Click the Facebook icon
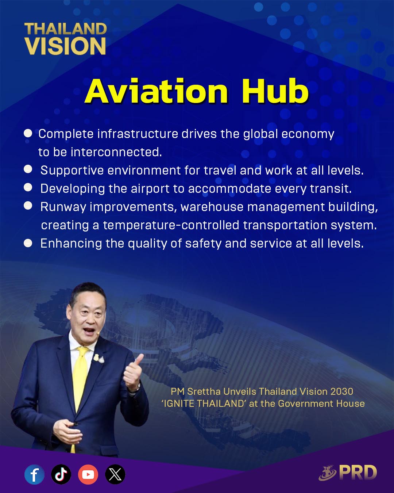pyautogui.click(x=34, y=474)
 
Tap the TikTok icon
pyautogui.click(x=61, y=474)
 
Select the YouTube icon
pyautogui.click(x=88, y=474)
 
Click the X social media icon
pyautogui.click(x=115, y=474)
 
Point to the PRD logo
pyautogui.click(x=348, y=473)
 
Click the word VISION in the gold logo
pyautogui.click(x=65, y=46)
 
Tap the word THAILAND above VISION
pyautogui.click(x=66, y=29)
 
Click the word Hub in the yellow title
pyautogui.click(x=275, y=91)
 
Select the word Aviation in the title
pyautogui.click(x=157, y=91)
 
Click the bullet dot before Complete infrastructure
pyautogui.click(x=28, y=133)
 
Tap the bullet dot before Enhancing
pyautogui.click(x=28, y=243)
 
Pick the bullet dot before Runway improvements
pyautogui.click(x=28, y=206)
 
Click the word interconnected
pyautogui.click(x=116, y=152)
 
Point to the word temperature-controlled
pyautogui.click(x=171, y=225)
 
